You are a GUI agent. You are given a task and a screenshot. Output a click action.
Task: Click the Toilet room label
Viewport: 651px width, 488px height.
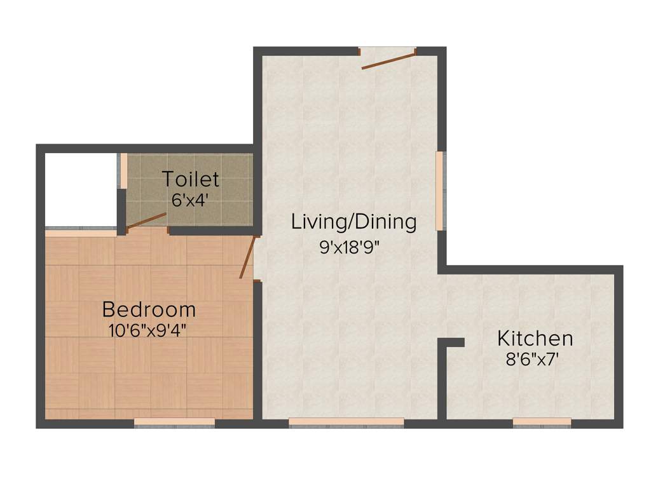[191, 179]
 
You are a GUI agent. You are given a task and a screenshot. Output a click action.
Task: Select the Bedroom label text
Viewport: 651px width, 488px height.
[149, 310]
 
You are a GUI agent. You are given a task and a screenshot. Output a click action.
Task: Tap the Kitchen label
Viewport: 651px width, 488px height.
[535, 338]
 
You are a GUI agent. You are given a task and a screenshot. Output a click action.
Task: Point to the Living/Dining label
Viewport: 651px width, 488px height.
[354, 222]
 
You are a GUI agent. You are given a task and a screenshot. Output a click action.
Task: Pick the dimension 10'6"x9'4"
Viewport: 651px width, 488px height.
[149, 330]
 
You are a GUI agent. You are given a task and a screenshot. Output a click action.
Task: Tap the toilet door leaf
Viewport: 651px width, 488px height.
[146, 220]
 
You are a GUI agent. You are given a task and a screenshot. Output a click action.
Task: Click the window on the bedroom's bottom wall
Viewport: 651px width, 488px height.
[175, 421]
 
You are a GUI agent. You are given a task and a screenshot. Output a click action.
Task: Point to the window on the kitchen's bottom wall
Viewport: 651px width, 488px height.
[542, 421]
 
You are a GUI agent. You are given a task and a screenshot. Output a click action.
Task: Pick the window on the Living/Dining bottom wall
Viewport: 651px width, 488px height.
[346, 421]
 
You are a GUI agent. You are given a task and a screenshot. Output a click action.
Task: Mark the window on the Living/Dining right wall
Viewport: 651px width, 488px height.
[439, 191]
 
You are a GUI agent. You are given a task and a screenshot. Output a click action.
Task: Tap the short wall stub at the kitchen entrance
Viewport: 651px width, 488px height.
[452, 343]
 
